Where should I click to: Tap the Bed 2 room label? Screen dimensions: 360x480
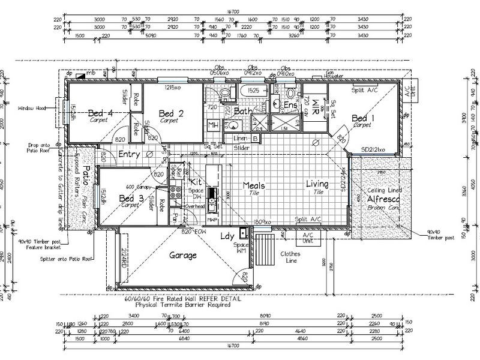pyautogui.click(x=171, y=113)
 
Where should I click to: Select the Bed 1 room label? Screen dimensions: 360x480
pyautogui.click(x=363, y=118)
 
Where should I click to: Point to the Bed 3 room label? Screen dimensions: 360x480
pyautogui.click(x=131, y=199)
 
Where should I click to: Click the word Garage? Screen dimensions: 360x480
pyautogui.click(x=182, y=255)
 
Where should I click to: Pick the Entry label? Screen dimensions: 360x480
pyautogui.click(x=129, y=154)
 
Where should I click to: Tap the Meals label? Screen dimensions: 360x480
pyautogui.click(x=254, y=185)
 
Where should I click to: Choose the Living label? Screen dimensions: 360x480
pyautogui.click(x=317, y=184)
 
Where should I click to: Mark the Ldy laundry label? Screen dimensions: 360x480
pyautogui.click(x=227, y=236)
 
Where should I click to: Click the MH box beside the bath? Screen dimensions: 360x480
pyautogui.click(x=212, y=125)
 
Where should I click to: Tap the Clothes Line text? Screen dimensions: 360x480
pyautogui.click(x=290, y=257)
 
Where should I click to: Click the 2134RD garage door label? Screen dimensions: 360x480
pyautogui.click(x=123, y=257)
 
